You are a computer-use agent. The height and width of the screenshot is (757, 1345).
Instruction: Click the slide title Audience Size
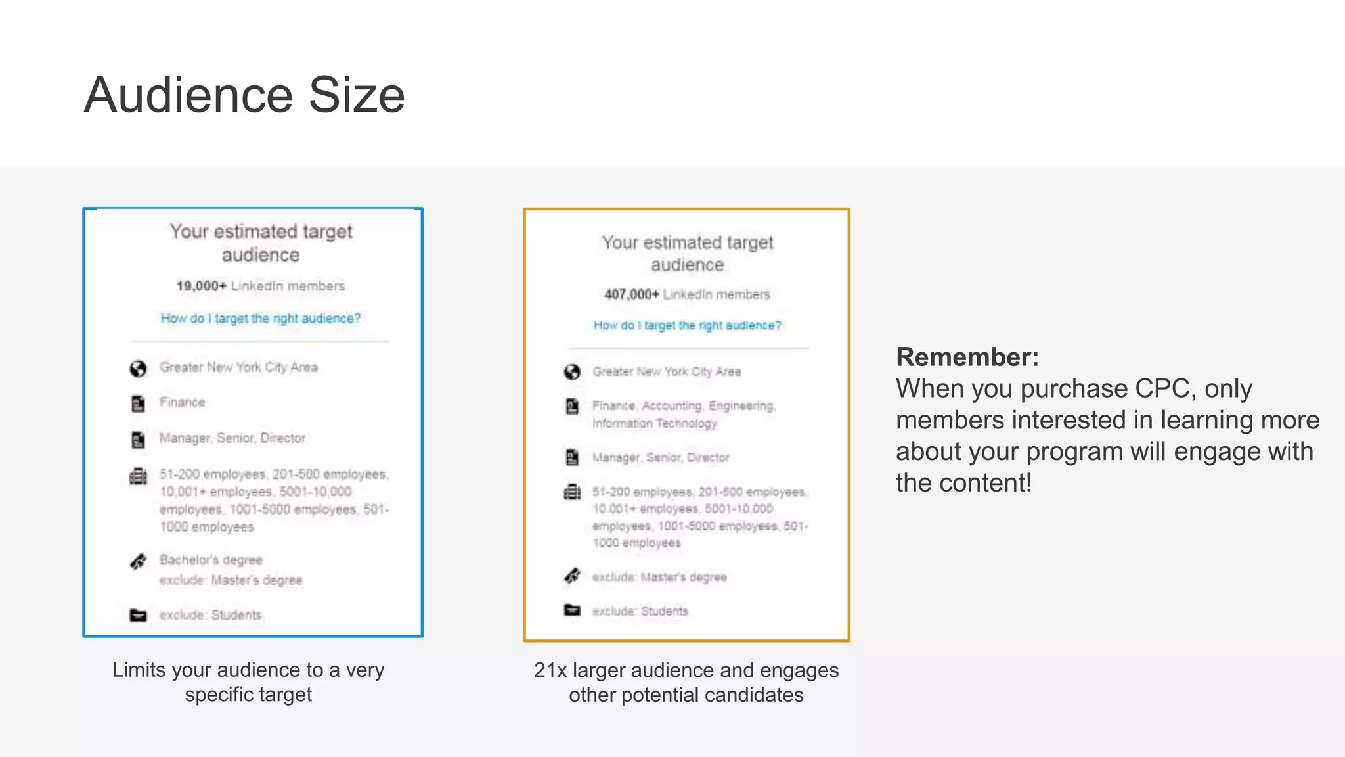point(244,95)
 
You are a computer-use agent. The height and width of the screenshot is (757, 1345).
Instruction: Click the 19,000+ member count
point(202,286)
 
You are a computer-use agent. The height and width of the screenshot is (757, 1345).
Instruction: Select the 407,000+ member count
point(631,294)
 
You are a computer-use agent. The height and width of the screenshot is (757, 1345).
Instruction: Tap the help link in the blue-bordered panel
point(260,319)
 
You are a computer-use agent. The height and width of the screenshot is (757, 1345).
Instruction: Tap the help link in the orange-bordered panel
point(687,325)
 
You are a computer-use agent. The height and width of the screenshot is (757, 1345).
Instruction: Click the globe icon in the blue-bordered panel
point(138,369)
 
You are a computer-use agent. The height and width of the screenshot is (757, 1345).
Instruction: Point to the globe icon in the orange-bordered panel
point(572,373)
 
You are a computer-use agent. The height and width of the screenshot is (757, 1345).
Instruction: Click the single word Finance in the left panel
point(183,402)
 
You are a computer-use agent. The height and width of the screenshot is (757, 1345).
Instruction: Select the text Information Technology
point(654,423)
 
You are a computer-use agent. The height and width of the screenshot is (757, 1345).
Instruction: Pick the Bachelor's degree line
point(211,560)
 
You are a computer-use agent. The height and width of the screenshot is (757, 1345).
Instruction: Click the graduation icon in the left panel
point(138,562)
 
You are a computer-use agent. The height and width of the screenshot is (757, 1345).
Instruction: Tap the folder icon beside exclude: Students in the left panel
point(138,615)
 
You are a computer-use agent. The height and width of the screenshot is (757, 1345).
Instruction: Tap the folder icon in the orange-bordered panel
point(572,610)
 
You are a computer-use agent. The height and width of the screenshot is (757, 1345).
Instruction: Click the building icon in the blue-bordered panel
point(138,476)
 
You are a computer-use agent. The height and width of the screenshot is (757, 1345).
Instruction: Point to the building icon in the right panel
point(572,492)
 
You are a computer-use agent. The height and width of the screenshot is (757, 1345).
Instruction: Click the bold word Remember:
point(967,357)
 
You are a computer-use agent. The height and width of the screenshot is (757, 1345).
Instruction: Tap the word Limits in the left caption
point(139,670)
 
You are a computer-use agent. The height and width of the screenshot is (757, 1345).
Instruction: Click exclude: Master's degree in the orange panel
point(659,577)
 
